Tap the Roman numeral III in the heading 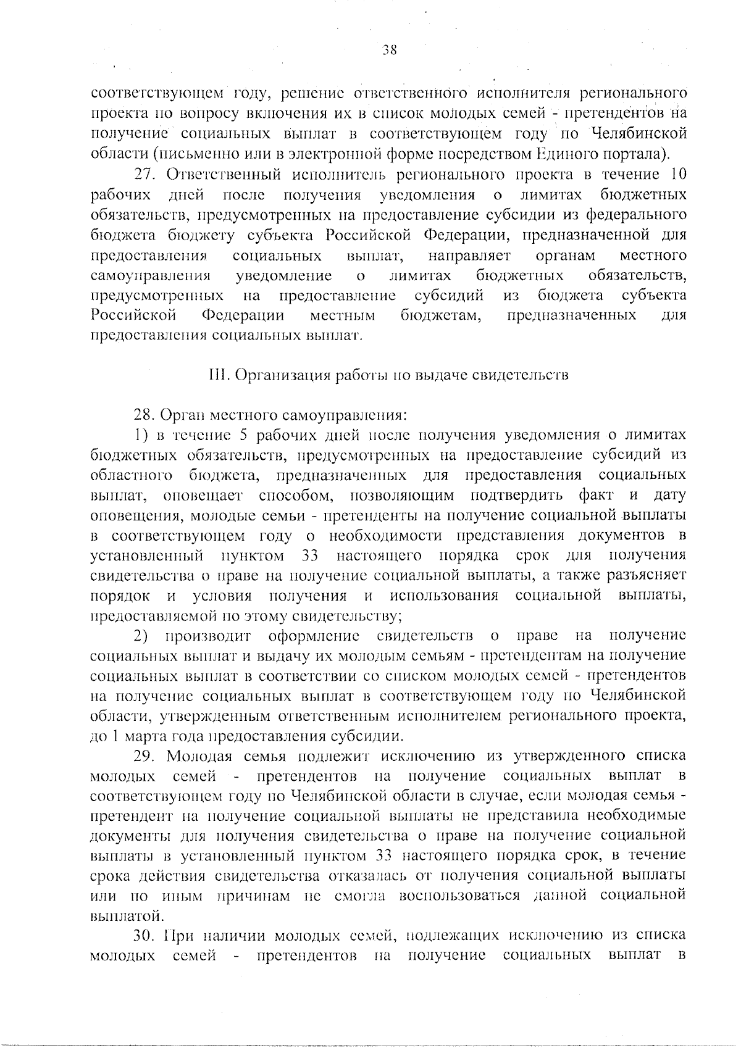coord(216,375)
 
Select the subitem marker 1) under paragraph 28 coord(141,435)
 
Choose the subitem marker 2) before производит coord(141,636)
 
